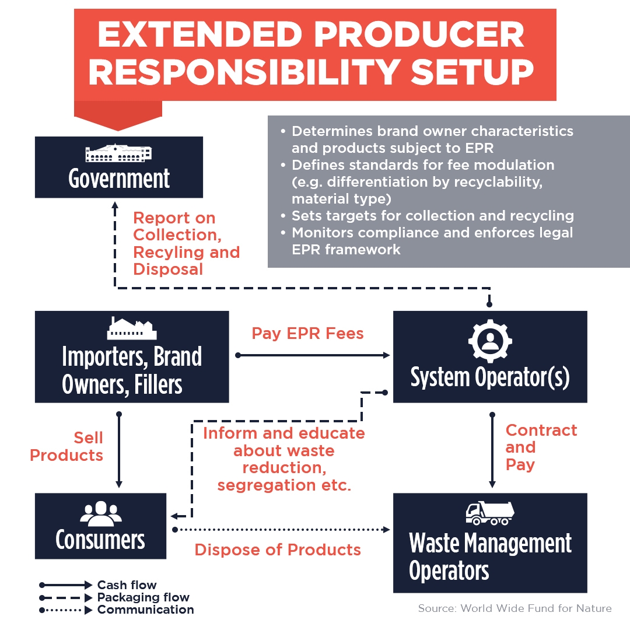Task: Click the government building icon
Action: (118, 153)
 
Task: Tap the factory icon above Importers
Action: (132, 328)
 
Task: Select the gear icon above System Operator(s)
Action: (490, 341)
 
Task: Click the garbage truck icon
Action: (490, 513)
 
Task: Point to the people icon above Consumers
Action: (101, 513)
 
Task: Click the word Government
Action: (119, 178)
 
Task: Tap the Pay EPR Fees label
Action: (308, 334)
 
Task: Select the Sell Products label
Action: (66, 446)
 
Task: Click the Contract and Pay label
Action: (541, 447)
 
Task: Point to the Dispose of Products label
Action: (278, 549)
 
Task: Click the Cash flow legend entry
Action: (98, 584)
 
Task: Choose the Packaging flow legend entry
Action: (114, 597)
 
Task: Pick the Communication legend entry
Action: (117, 610)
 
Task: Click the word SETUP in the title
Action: (472, 72)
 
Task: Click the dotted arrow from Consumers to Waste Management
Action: (281, 530)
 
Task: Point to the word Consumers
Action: (100, 540)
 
